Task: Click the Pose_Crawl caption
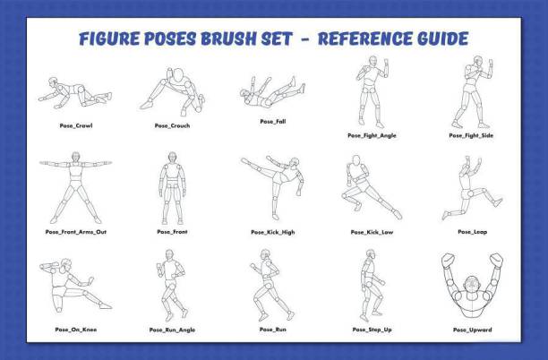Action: click(x=76, y=126)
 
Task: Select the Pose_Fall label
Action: click(x=273, y=122)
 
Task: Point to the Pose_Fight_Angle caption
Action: click(x=372, y=135)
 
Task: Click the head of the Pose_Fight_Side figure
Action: click(x=478, y=61)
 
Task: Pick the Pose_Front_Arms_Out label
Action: click(x=76, y=232)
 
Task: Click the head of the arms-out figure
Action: click(x=75, y=157)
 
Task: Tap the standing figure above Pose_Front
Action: click(x=172, y=188)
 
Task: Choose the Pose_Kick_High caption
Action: click(x=273, y=233)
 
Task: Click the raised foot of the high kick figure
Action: click(x=245, y=161)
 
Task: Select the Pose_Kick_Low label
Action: click(x=372, y=233)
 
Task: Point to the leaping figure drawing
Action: click(x=472, y=188)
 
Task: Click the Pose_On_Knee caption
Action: click(x=76, y=330)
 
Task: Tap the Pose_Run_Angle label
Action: click(x=172, y=330)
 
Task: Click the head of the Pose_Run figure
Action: click(x=265, y=254)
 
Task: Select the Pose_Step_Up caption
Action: click(x=372, y=330)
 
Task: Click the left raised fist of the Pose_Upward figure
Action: click(x=448, y=261)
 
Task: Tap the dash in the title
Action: click(x=304, y=39)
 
